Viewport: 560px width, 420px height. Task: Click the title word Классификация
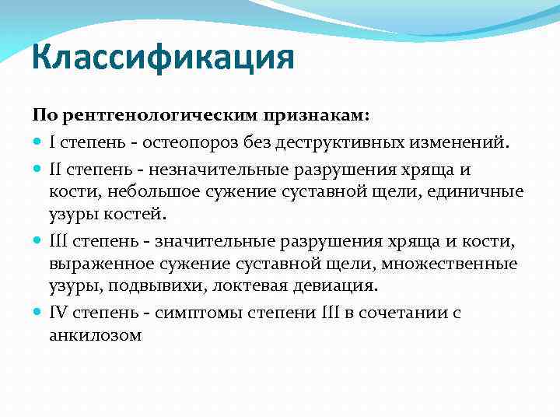(164, 58)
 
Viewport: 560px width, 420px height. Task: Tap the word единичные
(482, 191)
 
